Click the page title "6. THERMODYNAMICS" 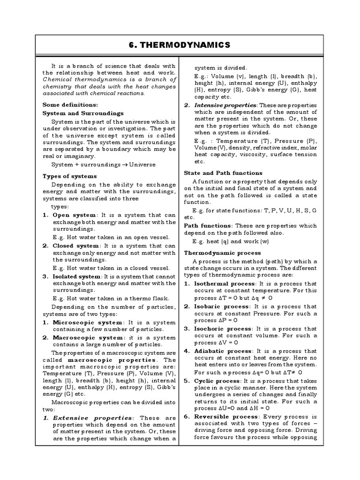point(180,45)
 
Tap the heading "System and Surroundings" point(83,113)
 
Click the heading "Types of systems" point(69,176)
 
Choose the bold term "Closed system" point(76,245)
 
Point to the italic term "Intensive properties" point(225,105)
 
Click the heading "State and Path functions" point(223,173)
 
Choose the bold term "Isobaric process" point(220,306)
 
